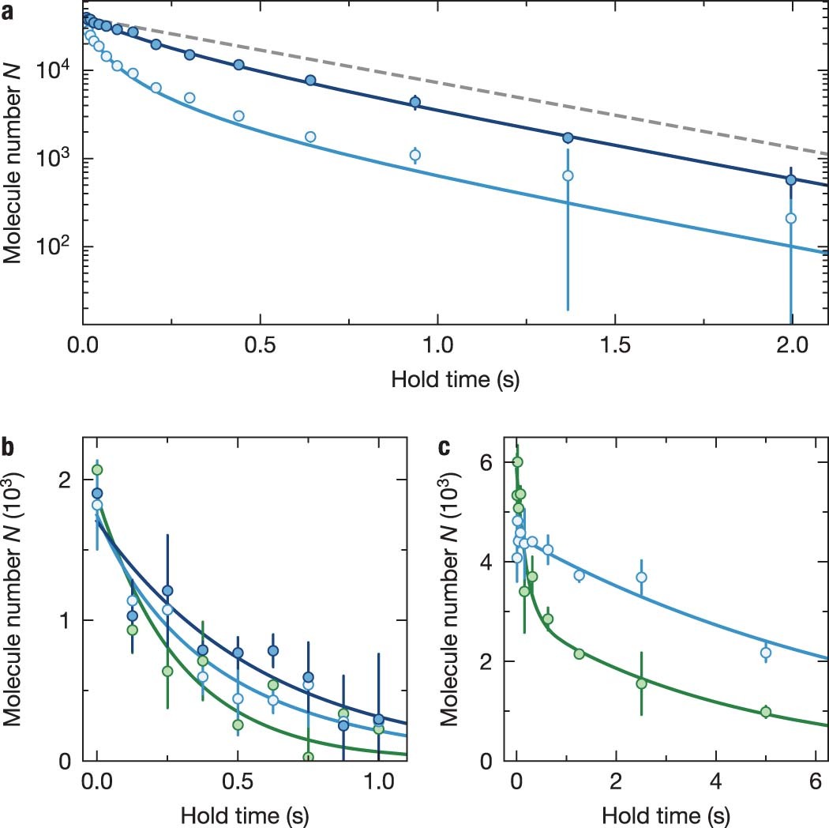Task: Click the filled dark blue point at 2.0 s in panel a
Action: click(790, 180)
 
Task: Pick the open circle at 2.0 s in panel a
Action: click(790, 218)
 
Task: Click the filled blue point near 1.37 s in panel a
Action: click(568, 137)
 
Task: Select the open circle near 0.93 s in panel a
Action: click(415, 155)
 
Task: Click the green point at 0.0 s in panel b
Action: click(97, 470)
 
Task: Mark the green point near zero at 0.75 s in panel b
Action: click(308, 757)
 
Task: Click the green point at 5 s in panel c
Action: click(765, 712)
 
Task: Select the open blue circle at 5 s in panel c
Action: click(765, 653)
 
